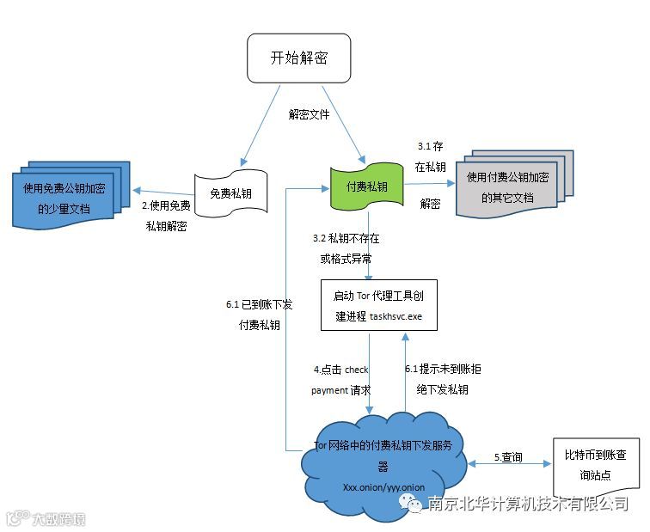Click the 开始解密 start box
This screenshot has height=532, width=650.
coord(298,58)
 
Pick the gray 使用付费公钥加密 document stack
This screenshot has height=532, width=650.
coord(512,187)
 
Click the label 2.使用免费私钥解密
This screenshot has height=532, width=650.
coord(166,217)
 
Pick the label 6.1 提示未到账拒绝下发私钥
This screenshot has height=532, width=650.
coord(443,378)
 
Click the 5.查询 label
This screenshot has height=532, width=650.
coord(508,457)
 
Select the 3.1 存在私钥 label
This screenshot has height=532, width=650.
coord(431,156)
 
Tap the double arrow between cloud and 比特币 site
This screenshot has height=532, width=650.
coord(508,465)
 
